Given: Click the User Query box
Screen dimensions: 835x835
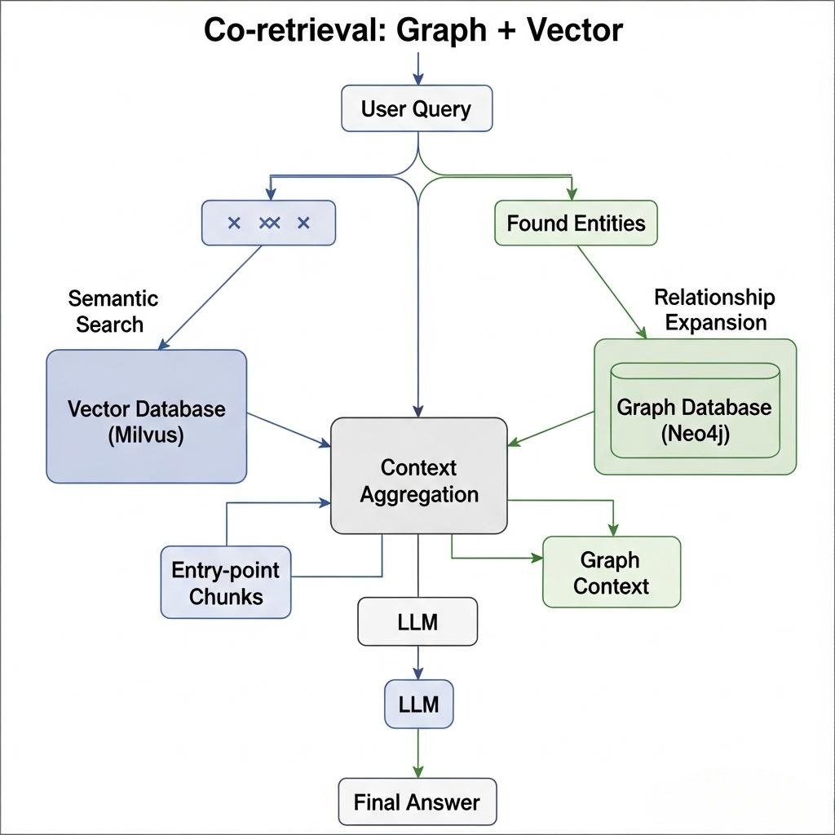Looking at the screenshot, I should tap(416, 108).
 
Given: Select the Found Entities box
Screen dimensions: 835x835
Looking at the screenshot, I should tap(576, 223).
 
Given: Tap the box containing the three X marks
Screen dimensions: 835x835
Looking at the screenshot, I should tap(268, 223).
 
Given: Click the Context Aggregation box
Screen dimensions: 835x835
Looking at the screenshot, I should tap(418, 480).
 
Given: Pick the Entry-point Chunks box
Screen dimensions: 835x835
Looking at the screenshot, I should tap(226, 582).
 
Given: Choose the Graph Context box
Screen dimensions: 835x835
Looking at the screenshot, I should tap(611, 572).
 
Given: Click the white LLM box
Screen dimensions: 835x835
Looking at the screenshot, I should tap(417, 622).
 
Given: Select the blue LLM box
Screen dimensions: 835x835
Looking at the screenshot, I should tap(417, 704).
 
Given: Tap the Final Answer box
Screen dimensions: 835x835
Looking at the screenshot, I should tap(417, 802).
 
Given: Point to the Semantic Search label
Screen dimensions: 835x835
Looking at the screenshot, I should tap(113, 311).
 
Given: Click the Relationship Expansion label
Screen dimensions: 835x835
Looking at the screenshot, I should tap(714, 309).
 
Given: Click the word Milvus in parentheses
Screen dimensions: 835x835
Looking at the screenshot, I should tap(146, 435).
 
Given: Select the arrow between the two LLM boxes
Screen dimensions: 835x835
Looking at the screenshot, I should tap(417, 662).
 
